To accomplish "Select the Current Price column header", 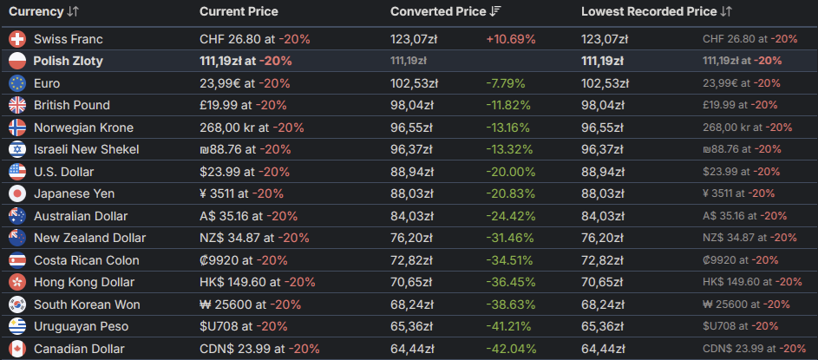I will pyautogui.click(x=239, y=11).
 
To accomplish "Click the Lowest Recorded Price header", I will pyautogui.click(x=649, y=11).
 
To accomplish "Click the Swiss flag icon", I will pyautogui.click(x=17, y=39).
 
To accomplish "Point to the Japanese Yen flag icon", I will pyautogui.click(x=17, y=193).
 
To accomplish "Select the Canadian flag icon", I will pyautogui.click(x=17, y=349).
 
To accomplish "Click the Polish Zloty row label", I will pyautogui.click(x=69, y=61).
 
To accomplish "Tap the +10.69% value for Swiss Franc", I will pyautogui.click(x=511, y=39).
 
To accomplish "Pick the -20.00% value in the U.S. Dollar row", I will pyautogui.click(x=511, y=172).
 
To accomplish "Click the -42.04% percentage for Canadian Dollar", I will pyautogui.click(x=511, y=349).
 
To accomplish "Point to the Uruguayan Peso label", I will pyautogui.click(x=81, y=326).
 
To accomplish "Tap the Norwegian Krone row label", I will pyautogui.click(x=83, y=128).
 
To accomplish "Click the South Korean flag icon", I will pyautogui.click(x=17, y=304).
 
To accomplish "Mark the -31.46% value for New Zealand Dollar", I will pyautogui.click(x=511, y=238).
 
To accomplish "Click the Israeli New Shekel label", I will pyautogui.click(x=86, y=149).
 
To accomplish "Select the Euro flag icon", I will pyautogui.click(x=17, y=83).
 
